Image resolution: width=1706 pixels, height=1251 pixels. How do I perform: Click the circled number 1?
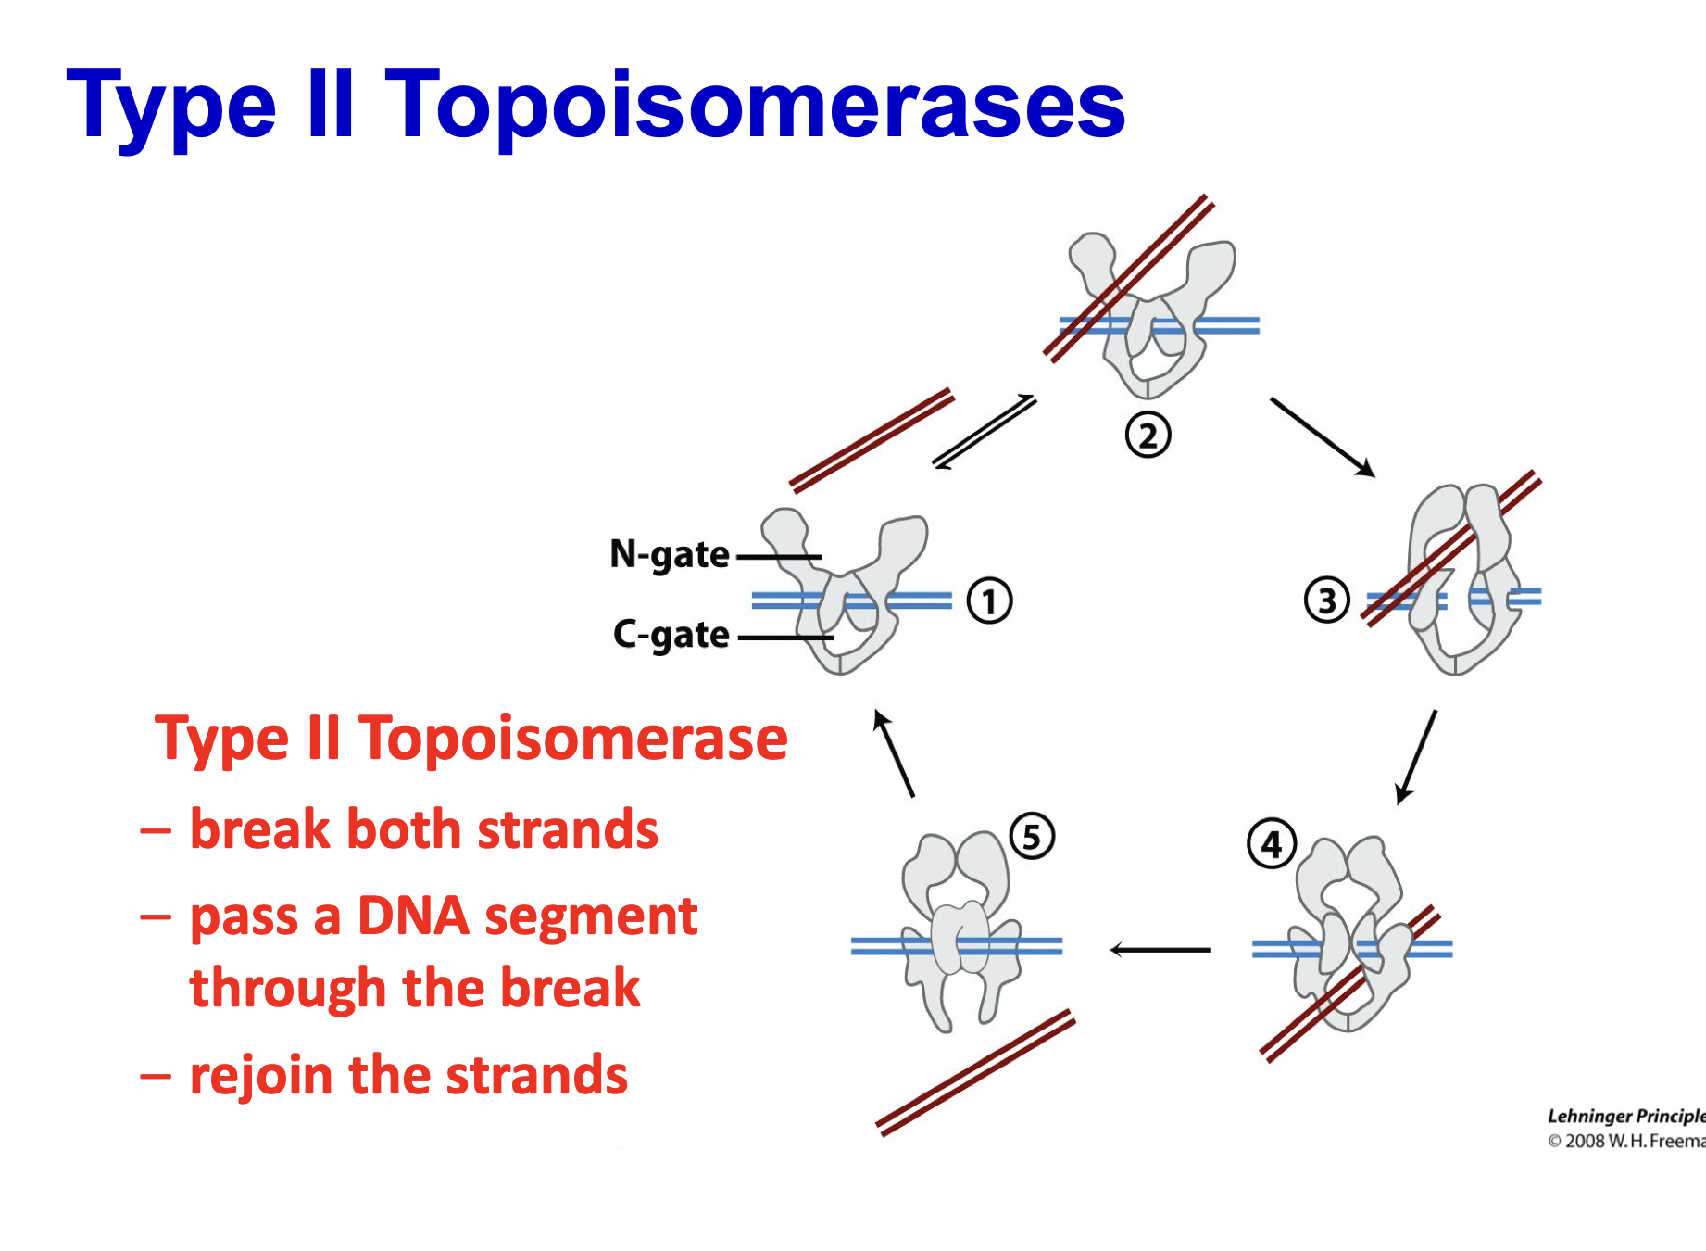coord(989,600)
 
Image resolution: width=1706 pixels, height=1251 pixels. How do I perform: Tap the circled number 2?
coord(1148,435)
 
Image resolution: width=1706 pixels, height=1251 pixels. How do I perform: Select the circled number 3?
coord(1326,600)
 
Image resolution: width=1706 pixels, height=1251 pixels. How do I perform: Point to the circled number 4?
coord(1272,843)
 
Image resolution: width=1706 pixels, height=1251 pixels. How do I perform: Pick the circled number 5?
coord(1032,836)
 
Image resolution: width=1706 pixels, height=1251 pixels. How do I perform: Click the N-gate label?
coord(669,555)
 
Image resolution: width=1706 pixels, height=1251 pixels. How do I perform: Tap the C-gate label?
coord(671,636)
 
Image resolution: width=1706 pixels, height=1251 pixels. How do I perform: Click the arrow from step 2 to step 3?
coord(1322,436)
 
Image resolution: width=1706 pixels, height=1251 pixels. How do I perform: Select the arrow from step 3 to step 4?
coord(1416,756)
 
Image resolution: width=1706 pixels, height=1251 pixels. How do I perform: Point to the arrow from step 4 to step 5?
coord(1160,949)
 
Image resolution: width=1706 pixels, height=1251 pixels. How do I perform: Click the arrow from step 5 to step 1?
coord(895,753)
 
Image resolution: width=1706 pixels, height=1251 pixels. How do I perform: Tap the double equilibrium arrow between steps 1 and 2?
coord(984,432)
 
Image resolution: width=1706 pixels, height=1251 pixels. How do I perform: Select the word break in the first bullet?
coord(258,828)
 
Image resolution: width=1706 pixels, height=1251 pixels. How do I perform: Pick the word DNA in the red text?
coord(413,916)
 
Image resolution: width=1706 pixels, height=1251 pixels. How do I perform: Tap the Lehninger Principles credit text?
coord(1625,1116)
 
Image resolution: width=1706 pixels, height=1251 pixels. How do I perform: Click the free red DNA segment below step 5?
coord(974,1072)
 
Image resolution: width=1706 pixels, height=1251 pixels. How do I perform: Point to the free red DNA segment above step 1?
coord(871,439)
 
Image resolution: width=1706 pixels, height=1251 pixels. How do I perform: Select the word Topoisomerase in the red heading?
coord(573,739)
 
